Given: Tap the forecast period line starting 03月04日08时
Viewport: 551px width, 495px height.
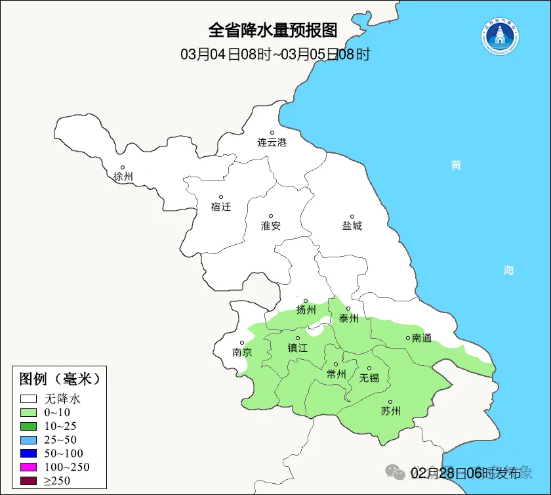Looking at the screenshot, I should click(x=275, y=54).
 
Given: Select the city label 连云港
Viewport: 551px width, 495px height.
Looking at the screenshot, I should click(x=272, y=142).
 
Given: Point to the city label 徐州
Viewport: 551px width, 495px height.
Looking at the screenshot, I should click(x=123, y=177).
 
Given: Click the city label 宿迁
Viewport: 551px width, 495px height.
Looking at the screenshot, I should click(x=221, y=206).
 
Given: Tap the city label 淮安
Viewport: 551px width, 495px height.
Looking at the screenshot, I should click(x=271, y=225).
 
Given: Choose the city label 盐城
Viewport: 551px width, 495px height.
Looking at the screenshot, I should click(x=352, y=226).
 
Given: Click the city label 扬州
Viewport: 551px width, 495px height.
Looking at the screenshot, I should click(x=306, y=310).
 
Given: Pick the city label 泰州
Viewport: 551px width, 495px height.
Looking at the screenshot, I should click(x=348, y=318).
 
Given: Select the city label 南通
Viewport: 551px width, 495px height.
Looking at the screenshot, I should click(x=422, y=338).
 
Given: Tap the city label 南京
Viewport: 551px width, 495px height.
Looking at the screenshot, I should click(x=242, y=352).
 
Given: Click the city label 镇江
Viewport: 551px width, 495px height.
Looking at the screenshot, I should click(x=298, y=348).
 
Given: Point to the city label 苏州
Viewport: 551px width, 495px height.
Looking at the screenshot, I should click(x=390, y=411).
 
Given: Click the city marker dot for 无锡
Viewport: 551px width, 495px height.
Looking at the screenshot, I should click(x=369, y=368).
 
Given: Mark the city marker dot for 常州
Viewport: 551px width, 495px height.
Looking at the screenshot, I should click(x=336, y=364).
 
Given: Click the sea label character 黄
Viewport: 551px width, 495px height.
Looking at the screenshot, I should click(x=456, y=165).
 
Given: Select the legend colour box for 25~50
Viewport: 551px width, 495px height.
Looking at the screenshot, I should click(x=28, y=439).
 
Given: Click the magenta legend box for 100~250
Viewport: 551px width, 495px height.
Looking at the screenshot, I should click(x=28, y=467).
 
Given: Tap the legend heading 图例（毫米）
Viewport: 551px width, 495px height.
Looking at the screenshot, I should click(x=59, y=379).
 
